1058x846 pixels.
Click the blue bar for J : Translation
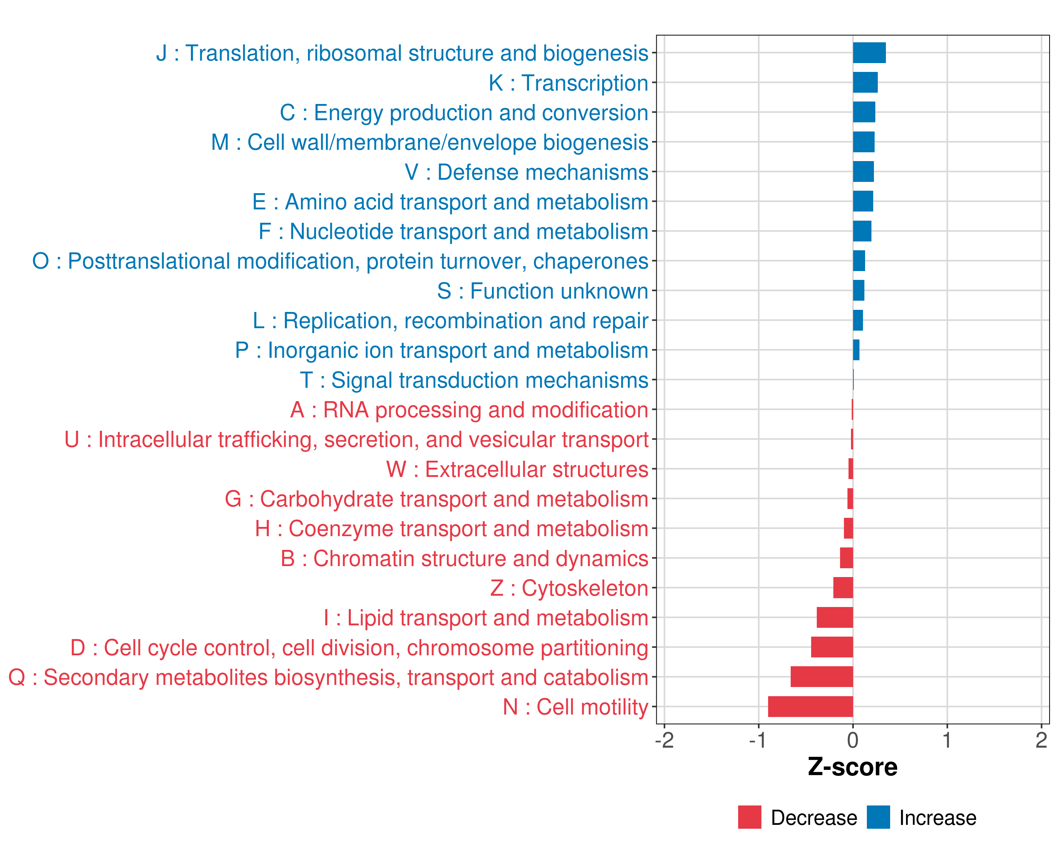click(x=869, y=53)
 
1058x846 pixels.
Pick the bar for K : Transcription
click(x=865, y=82)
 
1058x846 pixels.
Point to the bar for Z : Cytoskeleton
click(x=843, y=588)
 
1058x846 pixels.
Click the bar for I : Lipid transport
click(x=835, y=618)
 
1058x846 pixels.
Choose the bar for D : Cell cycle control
click(x=832, y=648)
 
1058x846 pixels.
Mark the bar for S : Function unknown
click(x=859, y=290)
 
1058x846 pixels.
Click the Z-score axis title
click(x=853, y=767)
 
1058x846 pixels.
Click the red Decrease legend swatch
click(x=749, y=817)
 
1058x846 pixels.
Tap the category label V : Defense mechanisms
click(x=526, y=172)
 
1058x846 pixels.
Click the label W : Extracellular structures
click(x=517, y=469)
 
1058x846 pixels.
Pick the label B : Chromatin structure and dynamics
click(x=464, y=559)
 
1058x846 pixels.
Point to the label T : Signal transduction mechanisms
click(x=474, y=380)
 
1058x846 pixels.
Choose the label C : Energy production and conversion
click(x=464, y=113)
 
